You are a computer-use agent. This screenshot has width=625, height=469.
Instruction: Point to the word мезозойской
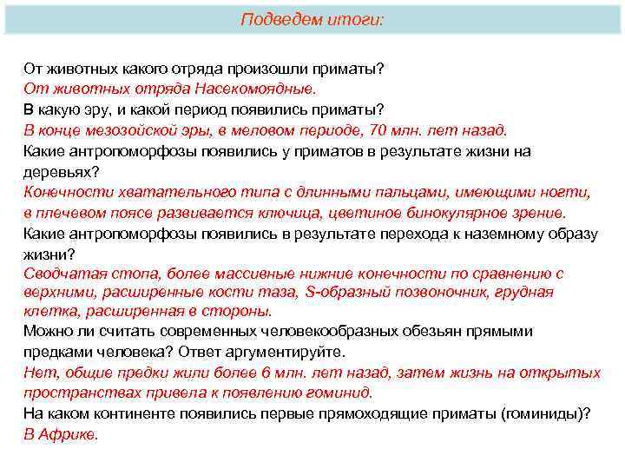pos(135,130)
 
